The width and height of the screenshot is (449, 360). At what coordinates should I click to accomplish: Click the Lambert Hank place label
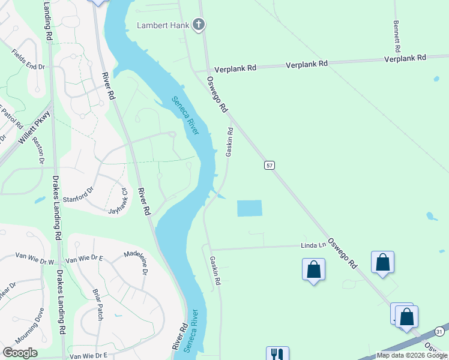click(x=163, y=25)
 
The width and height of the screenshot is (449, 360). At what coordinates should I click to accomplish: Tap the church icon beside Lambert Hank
click(x=199, y=25)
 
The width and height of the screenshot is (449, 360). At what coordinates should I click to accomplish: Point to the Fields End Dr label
click(x=28, y=60)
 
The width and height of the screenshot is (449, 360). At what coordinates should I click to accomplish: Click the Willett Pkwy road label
click(x=35, y=129)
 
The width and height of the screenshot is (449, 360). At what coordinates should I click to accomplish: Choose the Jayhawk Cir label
click(x=118, y=202)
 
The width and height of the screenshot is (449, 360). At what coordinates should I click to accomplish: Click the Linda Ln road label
click(x=313, y=245)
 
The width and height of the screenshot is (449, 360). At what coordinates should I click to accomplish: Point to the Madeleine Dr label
click(x=135, y=262)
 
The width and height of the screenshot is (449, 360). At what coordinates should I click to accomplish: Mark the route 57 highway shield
click(x=270, y=164)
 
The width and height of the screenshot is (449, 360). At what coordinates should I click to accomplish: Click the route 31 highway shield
click(x=439, y=332)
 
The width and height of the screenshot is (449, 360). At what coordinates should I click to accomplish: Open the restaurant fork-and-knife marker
click(x=277, y=354)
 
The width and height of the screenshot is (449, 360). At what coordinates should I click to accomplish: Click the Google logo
click(x=20, y=353)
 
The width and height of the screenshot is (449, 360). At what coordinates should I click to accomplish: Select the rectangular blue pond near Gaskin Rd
click(x=250, y=208)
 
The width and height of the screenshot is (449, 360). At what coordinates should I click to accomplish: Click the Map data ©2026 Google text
click(x=411, y=355)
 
